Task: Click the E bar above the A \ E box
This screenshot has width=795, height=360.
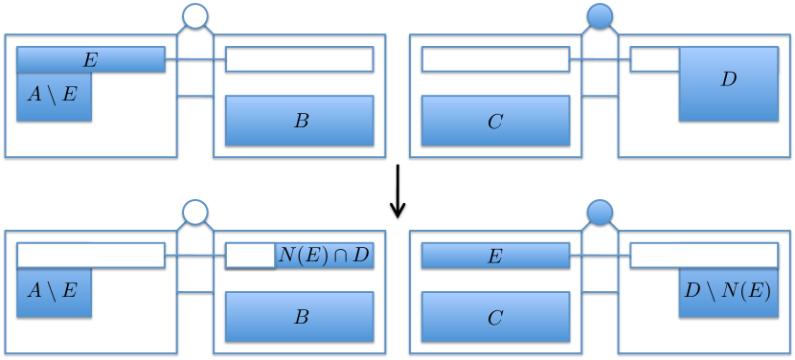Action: coord(91,59)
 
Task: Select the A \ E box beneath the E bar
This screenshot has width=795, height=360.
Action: coord(54,97)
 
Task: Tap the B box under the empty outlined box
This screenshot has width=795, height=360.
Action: coord(300,121)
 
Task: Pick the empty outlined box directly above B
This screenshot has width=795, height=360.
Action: coord(300,59)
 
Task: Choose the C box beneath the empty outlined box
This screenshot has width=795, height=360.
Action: coord(495,121)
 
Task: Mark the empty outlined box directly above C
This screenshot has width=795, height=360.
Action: coord(495,59)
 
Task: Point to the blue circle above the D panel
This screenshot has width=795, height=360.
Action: coord(600,15)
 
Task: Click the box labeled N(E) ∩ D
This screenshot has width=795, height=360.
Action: coord(324,256)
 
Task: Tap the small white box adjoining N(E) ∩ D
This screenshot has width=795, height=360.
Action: coord(250,256)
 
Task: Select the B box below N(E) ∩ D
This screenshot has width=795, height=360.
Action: coord(300,317)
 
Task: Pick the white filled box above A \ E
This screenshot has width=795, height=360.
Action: coord(91,256)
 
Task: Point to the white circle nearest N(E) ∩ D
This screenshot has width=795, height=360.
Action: coord(194,212)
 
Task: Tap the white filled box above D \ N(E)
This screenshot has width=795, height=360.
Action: coord(704,256)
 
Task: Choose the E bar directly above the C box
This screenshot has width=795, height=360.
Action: coord(495,256)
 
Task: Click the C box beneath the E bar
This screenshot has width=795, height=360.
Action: coord(495,317)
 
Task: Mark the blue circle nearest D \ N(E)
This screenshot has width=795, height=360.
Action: coord(600,212)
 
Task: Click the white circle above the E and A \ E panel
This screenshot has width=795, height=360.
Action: coord(194,15)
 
